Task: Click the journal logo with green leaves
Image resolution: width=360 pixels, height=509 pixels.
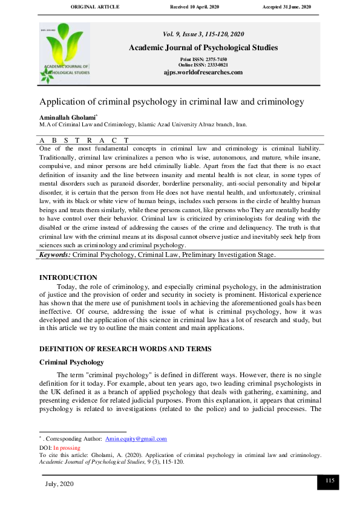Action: tap(65, 53)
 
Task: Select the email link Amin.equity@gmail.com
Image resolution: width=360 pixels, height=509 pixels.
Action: tap(136, 439)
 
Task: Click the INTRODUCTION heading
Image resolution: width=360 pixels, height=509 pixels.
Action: tap(68, 277)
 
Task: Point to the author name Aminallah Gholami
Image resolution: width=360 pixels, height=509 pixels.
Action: tap(65, 116)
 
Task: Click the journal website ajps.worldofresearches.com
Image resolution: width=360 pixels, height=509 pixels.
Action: tap(203, 72)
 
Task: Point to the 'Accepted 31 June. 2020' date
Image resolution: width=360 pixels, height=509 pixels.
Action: tap(286, 7)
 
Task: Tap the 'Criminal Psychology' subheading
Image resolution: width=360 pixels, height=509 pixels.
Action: tap(73, 361)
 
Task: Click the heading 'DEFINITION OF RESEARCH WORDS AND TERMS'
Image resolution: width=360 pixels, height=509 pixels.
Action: tap(125, 349)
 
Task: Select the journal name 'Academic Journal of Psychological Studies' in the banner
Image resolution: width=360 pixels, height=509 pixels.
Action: tap(203, 47)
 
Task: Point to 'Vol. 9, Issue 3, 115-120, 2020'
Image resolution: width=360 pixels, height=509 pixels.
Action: tap(203, 35)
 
